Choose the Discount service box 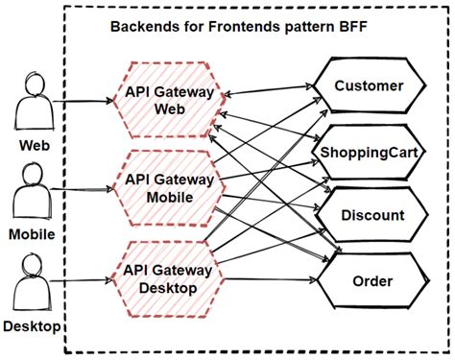point(370,215)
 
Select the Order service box point(370,281)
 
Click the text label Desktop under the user point(32,327)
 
